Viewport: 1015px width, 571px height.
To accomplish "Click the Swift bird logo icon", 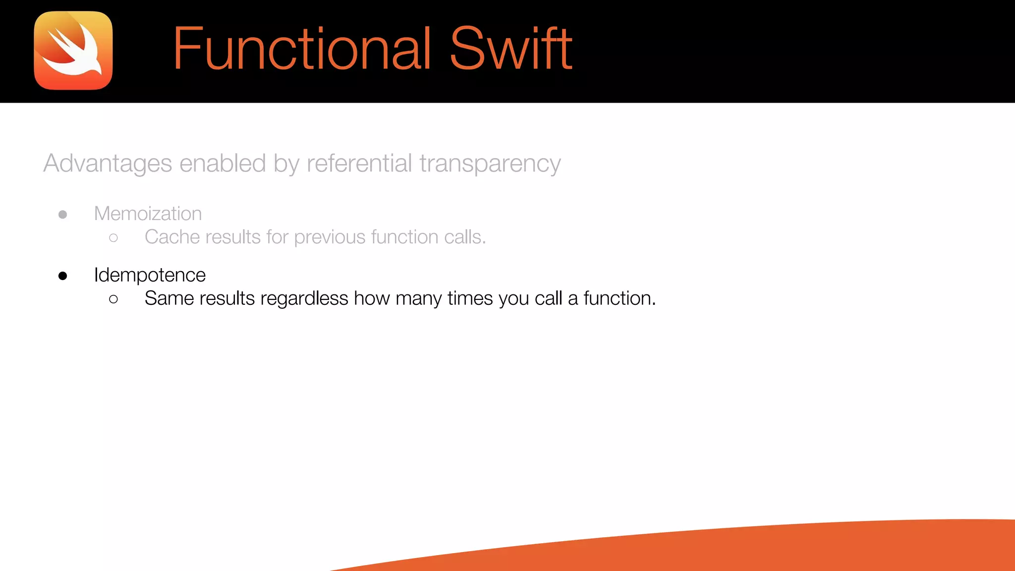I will pos(73,51).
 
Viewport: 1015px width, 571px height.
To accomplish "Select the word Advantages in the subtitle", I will pos(108,163).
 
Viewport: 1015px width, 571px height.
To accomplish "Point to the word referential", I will pos(359,163).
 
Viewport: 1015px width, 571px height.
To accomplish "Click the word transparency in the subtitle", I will pos(490,164).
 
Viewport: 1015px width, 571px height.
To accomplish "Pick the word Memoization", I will pos(148,214).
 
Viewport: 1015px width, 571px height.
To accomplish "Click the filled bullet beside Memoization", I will pos(63,215).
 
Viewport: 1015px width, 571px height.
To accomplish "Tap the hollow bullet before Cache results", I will pos(113,238).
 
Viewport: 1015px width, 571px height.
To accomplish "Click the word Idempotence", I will pos(150,275).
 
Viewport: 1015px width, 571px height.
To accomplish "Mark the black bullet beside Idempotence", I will pos(63,276).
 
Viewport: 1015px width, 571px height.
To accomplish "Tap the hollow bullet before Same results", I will pos(113,299).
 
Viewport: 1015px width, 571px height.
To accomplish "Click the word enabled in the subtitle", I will pos(223,163).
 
